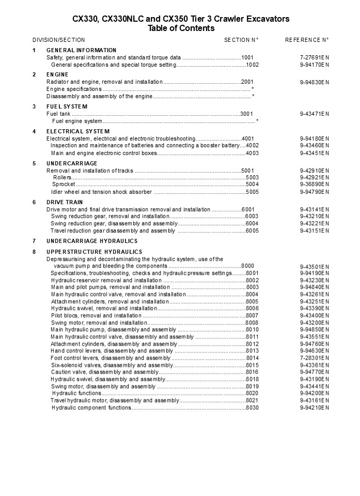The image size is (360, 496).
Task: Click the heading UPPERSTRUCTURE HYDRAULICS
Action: [94, 252]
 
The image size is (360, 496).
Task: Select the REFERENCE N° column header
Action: [307, 40]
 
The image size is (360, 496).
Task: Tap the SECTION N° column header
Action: [241, 40]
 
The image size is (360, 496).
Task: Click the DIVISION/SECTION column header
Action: [59, 40]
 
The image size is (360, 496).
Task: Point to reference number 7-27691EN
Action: [314, 57]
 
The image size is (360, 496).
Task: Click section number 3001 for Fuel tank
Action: [247, 114]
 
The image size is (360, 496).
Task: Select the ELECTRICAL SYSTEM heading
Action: [78, 131]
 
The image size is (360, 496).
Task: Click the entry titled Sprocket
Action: [64, 184]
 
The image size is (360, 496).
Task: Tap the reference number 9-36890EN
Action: [314, 184]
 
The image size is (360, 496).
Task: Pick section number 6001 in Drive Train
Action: [248, 209]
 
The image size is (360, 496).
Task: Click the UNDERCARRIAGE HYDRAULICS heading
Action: [92, 241]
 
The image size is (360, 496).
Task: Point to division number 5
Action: [34, 163]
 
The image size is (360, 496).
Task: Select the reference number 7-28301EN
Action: [314, 358]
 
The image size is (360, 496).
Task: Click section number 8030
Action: [252, 408]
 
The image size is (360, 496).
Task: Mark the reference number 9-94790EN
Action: [314, 192]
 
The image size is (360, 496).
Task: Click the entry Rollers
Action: [62, 177]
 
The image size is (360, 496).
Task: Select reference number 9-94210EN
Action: [314, 408]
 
